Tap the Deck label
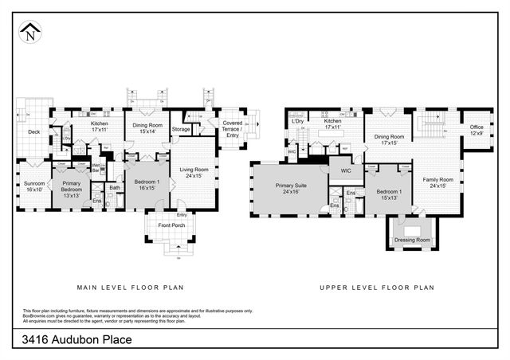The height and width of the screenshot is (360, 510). [x=33, y=132]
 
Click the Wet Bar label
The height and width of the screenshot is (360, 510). [x=96, y=169]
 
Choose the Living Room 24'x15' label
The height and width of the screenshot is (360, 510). [x=194, y=172]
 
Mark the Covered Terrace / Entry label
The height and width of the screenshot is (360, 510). [x=233, y=129]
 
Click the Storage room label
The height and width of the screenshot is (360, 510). [x=181, y=129]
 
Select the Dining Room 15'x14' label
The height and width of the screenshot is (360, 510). [x=147, y=127]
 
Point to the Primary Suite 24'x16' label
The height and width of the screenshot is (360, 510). [x=288, y=189]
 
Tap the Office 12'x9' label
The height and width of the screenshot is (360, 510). [x=477, y=130]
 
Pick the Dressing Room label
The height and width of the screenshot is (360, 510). [x=412, y=240]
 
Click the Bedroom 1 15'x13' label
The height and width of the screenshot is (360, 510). [x=388, y=195]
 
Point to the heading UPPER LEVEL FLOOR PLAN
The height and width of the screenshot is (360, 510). [x=377, y=288]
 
